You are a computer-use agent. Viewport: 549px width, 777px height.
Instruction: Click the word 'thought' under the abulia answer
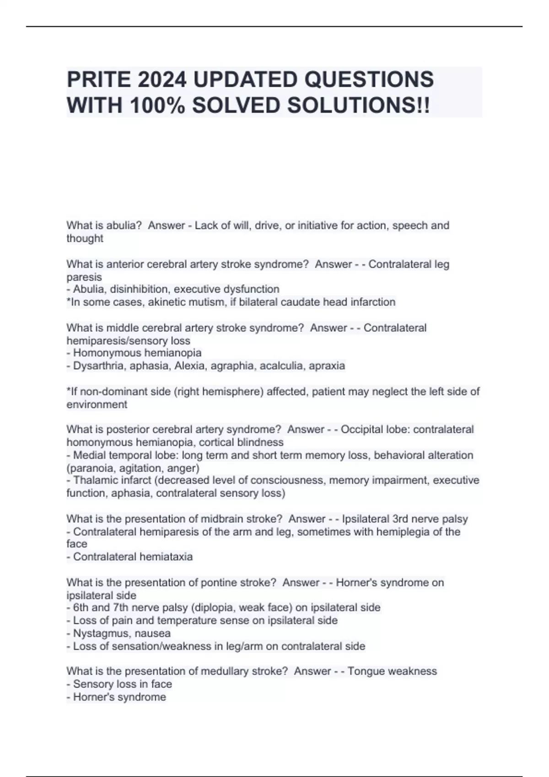click(85, 239)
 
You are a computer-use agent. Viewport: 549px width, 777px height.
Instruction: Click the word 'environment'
click(97, 404)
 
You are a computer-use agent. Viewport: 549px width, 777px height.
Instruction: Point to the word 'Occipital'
click(362, 430)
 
